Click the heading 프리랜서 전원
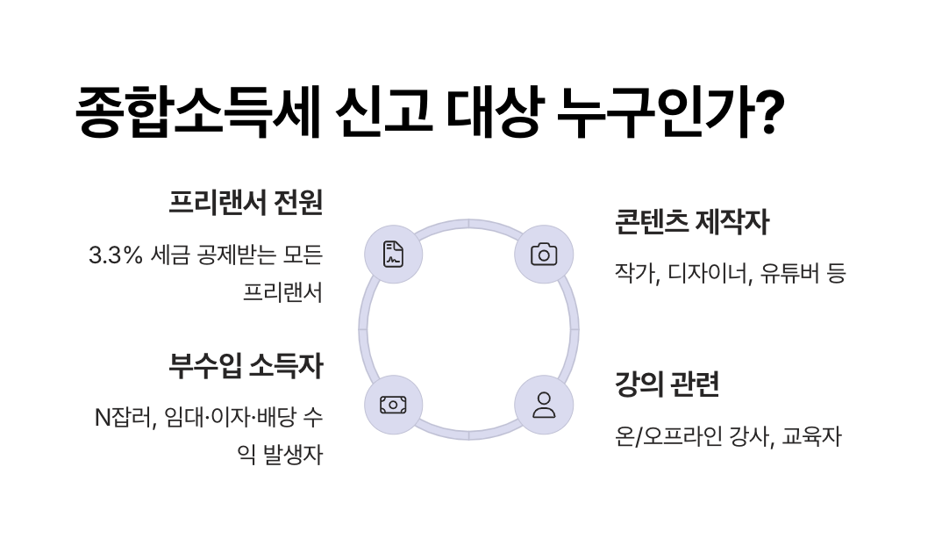246,204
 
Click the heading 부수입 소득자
246,366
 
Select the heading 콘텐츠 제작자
693,223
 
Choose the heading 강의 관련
667,384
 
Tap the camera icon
544,255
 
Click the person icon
544,405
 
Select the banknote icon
393,405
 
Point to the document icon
393,255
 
